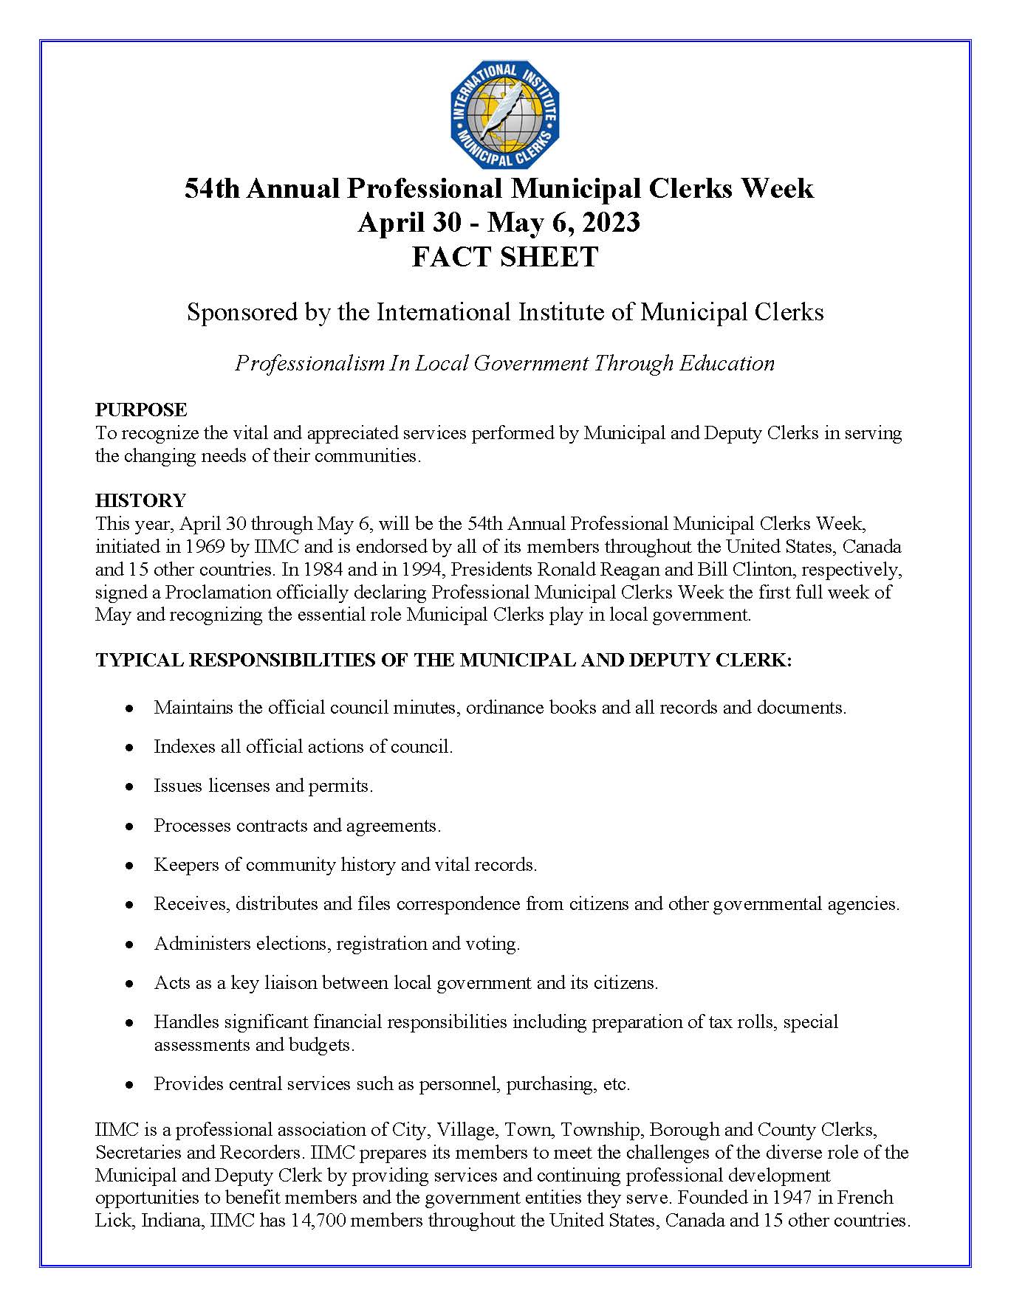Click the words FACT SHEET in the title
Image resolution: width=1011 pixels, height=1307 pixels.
(x=505, y=257)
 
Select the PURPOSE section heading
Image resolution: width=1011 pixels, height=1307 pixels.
(x=141, y=410)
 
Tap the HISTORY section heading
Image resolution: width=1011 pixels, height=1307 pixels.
(x=140, y=500)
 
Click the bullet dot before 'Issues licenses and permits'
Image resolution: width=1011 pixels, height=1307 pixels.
(x=129, y=787)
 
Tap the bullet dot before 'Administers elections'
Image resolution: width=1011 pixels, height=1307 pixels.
(x=129, y=945)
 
